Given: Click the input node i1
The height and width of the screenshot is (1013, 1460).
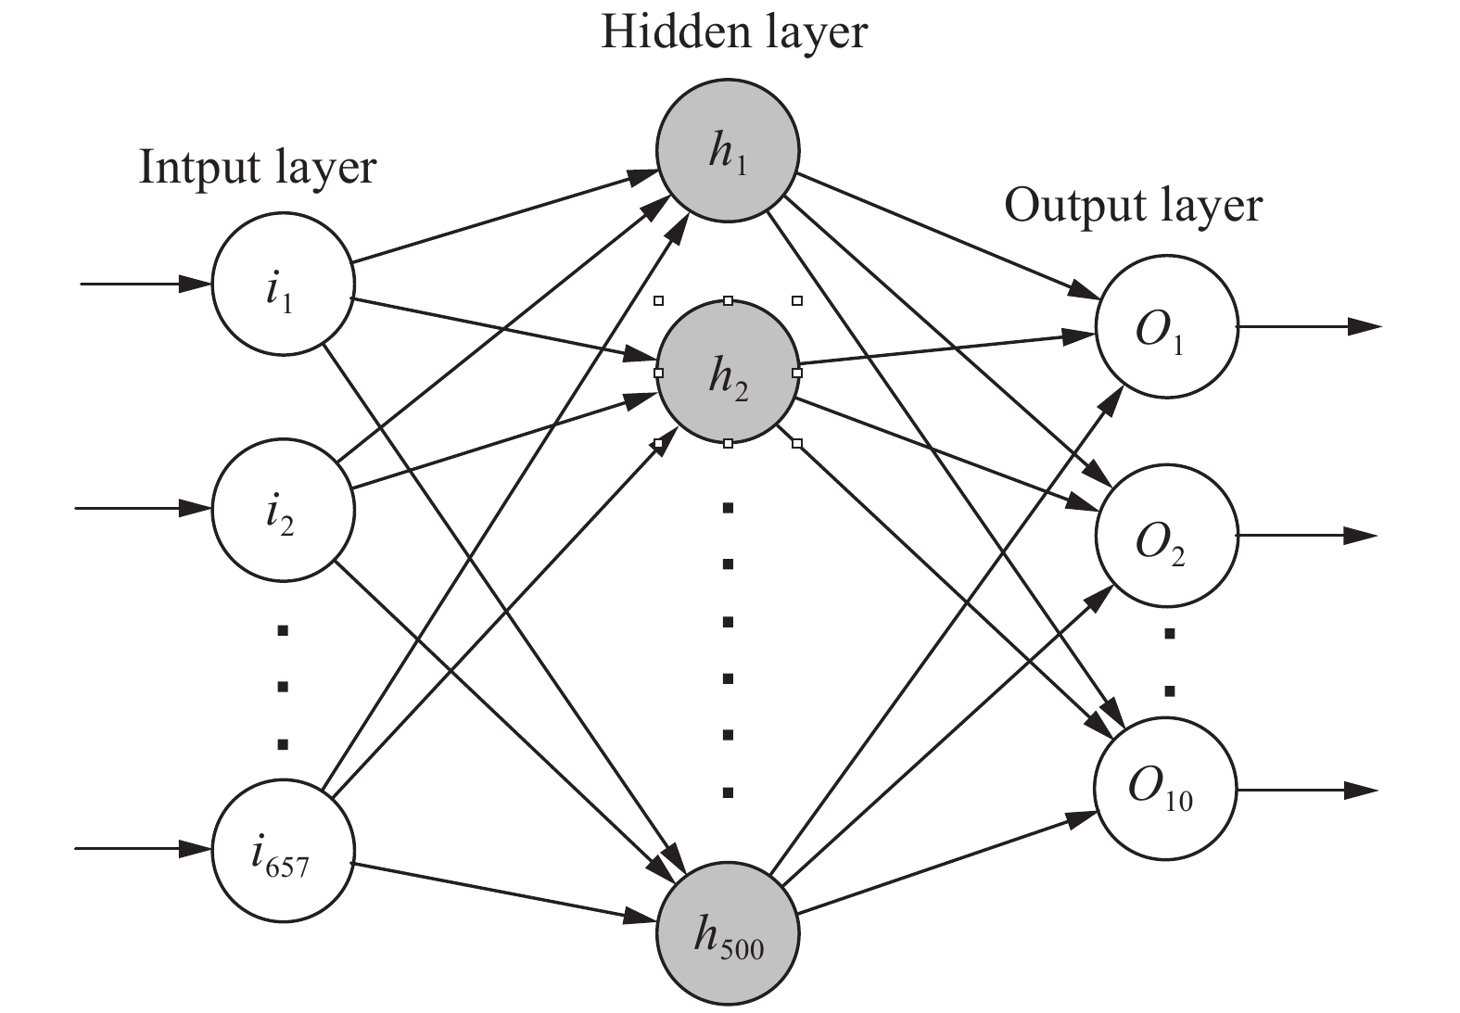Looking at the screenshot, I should click(x=283, y=285).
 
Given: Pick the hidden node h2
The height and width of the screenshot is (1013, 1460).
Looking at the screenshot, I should click(x=728, y=372).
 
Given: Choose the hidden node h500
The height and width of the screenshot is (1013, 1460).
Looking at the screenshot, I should click(x=728, y=931).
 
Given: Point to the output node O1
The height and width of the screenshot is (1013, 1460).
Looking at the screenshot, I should click(x=1166, y=327).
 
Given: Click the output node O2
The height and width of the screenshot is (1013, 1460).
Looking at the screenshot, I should click(x=1166, y=537).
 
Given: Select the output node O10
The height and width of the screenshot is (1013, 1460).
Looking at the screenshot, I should click(x=1166, y=790).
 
